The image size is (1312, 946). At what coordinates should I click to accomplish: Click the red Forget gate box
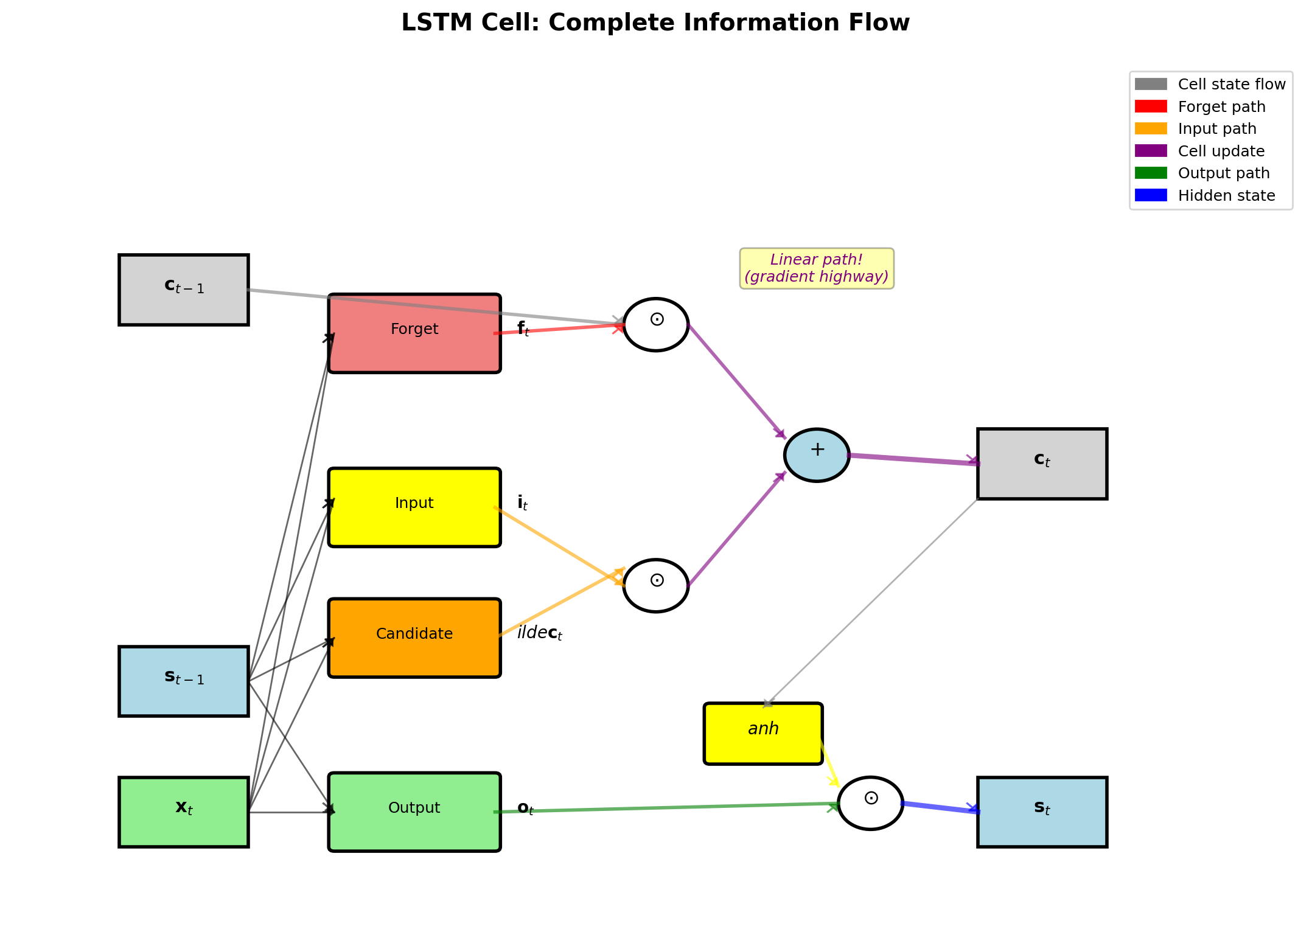coord(414,333)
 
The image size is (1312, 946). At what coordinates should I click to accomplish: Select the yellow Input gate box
coord(414,507)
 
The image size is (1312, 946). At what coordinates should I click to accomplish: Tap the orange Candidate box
coord(414,638)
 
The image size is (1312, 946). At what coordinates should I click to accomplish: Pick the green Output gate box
coord(414,812)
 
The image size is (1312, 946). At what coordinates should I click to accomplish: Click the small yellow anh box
coord(763,733)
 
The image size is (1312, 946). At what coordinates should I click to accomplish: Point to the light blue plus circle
coord(817,455)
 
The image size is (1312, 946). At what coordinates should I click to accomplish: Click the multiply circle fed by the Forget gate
coord(656,324)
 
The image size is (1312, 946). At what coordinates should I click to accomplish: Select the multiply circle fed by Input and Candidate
coord(656,585)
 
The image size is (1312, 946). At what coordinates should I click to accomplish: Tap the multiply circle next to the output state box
coord(870,803)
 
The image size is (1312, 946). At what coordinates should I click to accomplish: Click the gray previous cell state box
coord(183,290)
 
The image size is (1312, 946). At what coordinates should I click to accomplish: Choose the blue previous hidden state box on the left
coord(183,681)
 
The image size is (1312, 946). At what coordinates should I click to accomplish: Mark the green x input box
coord(183,812)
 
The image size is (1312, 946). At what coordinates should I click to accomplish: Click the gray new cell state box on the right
coord(1042,464)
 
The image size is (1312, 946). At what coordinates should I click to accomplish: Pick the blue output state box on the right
coord(1042,812)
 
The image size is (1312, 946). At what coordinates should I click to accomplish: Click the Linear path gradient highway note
coord(817,268)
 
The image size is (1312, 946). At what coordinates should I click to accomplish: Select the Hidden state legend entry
coord(1226,196)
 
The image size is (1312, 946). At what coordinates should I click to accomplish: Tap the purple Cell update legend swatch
coord(1151,151)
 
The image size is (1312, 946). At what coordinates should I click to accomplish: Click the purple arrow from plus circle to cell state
coord(913,459)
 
